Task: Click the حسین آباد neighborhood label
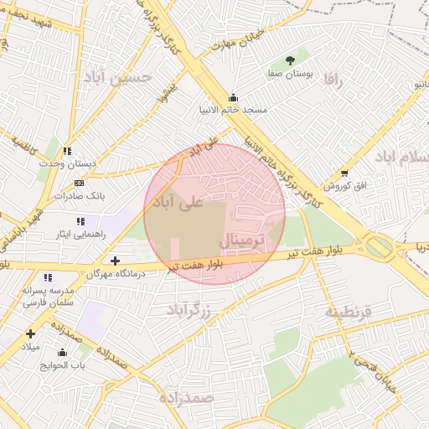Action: click(x=117, y=77)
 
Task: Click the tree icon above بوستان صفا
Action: click(x=290, y=60)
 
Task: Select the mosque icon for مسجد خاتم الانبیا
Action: click(x=233, y=96)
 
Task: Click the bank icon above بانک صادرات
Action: click(x=79, y=183)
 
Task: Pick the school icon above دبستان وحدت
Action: click(x=66, y=152)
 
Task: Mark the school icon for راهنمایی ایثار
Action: click(x=80, y=221)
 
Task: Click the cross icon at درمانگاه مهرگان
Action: click(x=115, y=261)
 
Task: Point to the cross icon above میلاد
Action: click(x=30, y=333)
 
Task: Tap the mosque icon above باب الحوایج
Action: click(x=62, y=352)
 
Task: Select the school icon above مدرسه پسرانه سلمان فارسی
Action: click(x=48, y=277)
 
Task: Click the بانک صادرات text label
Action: click(x=78, y=195)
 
